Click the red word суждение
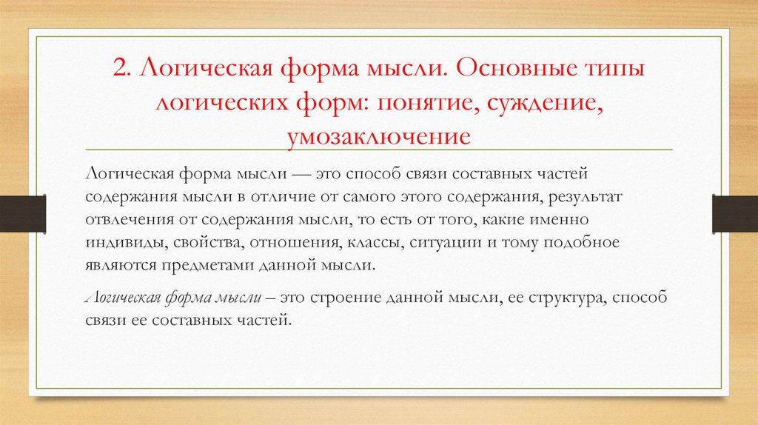(544, 104)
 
